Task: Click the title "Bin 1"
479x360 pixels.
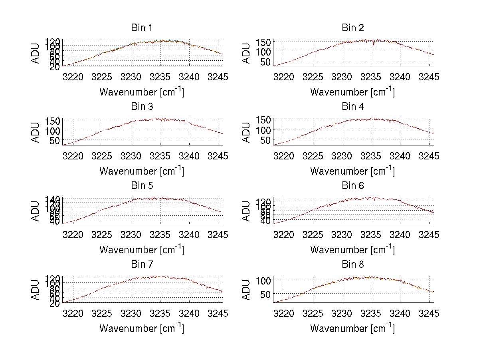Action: (x=142, y=28)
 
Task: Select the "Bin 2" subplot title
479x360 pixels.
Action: (x=352, y=28)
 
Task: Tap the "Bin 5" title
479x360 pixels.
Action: (x=142, y=185)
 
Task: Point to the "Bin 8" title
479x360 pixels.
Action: (x=352, y=264)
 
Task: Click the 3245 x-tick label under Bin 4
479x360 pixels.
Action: (x=429, y=155)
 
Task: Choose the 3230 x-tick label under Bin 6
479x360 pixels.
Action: (x=342, y=235)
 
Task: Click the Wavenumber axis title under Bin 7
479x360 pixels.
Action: (x=142, y=328)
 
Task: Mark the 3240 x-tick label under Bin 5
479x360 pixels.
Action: (x=189, y=235)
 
